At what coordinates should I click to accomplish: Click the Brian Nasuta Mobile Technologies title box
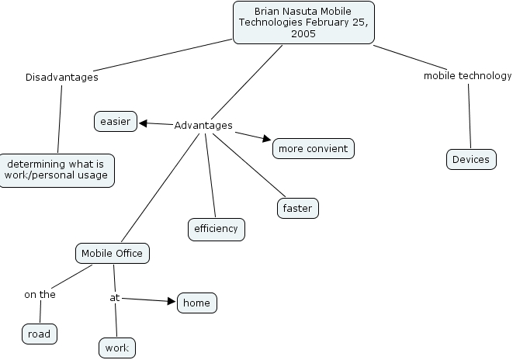pyautogui.click(x=303, y=22)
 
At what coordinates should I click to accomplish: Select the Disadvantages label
pyautogui.click(x=62, y=77)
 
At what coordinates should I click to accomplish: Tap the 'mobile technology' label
pyautogui.click(x=467, y=75)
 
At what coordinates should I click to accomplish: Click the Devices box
pyautogui.click(x=471, y=160)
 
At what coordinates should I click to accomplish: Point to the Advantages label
pyautogui.click(x=203, y=125)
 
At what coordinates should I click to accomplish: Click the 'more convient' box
pyautogui.click(x=314, y=148)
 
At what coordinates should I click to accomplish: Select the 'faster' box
pyautogui.click(x=298, y=208)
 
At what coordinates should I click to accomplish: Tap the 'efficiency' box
pyautogui.click(x=217, y=229)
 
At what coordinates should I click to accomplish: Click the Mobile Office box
pyautogui.click(x=113, y=253)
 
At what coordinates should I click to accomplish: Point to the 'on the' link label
pyautogui.click(x=40, y=294)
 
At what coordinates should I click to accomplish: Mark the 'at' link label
pyautogui.click(x=114, y=296)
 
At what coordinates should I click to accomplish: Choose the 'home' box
pyautogui.click(x=196, y=303)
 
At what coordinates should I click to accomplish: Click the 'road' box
pyautogui.click(x=39, y=334)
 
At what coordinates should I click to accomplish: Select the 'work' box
pyautogui.click(x=116, y=348)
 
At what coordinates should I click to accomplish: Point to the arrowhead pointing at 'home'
pyautogui.click(x=173, y=301)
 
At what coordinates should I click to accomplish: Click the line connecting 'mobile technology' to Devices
pyautogui.click(x=470, y=116)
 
